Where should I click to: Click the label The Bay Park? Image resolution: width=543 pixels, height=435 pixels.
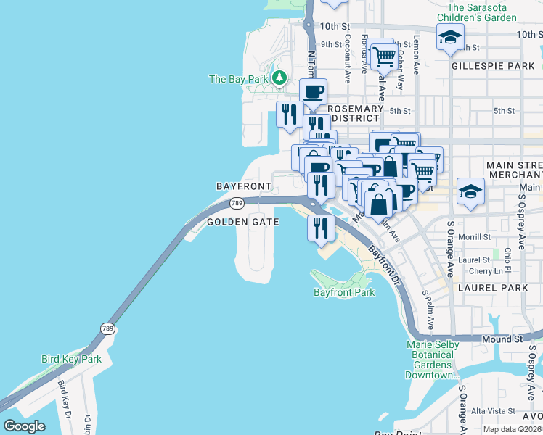pyautogui.click(x=239, y=79)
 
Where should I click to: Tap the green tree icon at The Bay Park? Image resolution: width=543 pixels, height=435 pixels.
pyautogui.click(x=279, y=78)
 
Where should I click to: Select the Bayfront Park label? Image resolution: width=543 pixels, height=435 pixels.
pyautogui.click(x=344, y=293)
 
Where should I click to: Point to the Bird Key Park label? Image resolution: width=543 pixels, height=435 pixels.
pyautogui.click(x=71, y=359)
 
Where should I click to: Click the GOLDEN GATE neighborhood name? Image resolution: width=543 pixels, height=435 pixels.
pyautogui.click(x=243, y=222)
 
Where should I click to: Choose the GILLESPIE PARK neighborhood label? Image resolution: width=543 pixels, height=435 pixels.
pyautogui.click(x=493, y=66)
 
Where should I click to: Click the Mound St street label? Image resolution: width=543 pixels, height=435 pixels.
pyautogui.click(x=502, y=339)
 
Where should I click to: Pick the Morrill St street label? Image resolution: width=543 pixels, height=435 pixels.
pyautogui.click(x=475, y=237)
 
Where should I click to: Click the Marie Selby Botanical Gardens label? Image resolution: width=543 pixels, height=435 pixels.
pyautogui.click(x=433, y=360)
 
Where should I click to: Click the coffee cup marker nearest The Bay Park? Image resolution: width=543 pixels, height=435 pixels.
pyautogui.click(x=314, y=92)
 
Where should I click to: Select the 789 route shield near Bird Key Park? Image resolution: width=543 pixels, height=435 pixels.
pyautogui.click(x=108, y=328)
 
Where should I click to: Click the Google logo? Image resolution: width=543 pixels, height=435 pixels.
pyautogui.click(x=24, y=426)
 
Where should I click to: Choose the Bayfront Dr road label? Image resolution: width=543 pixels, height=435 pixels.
pyautogui.click(x=385, y=265)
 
